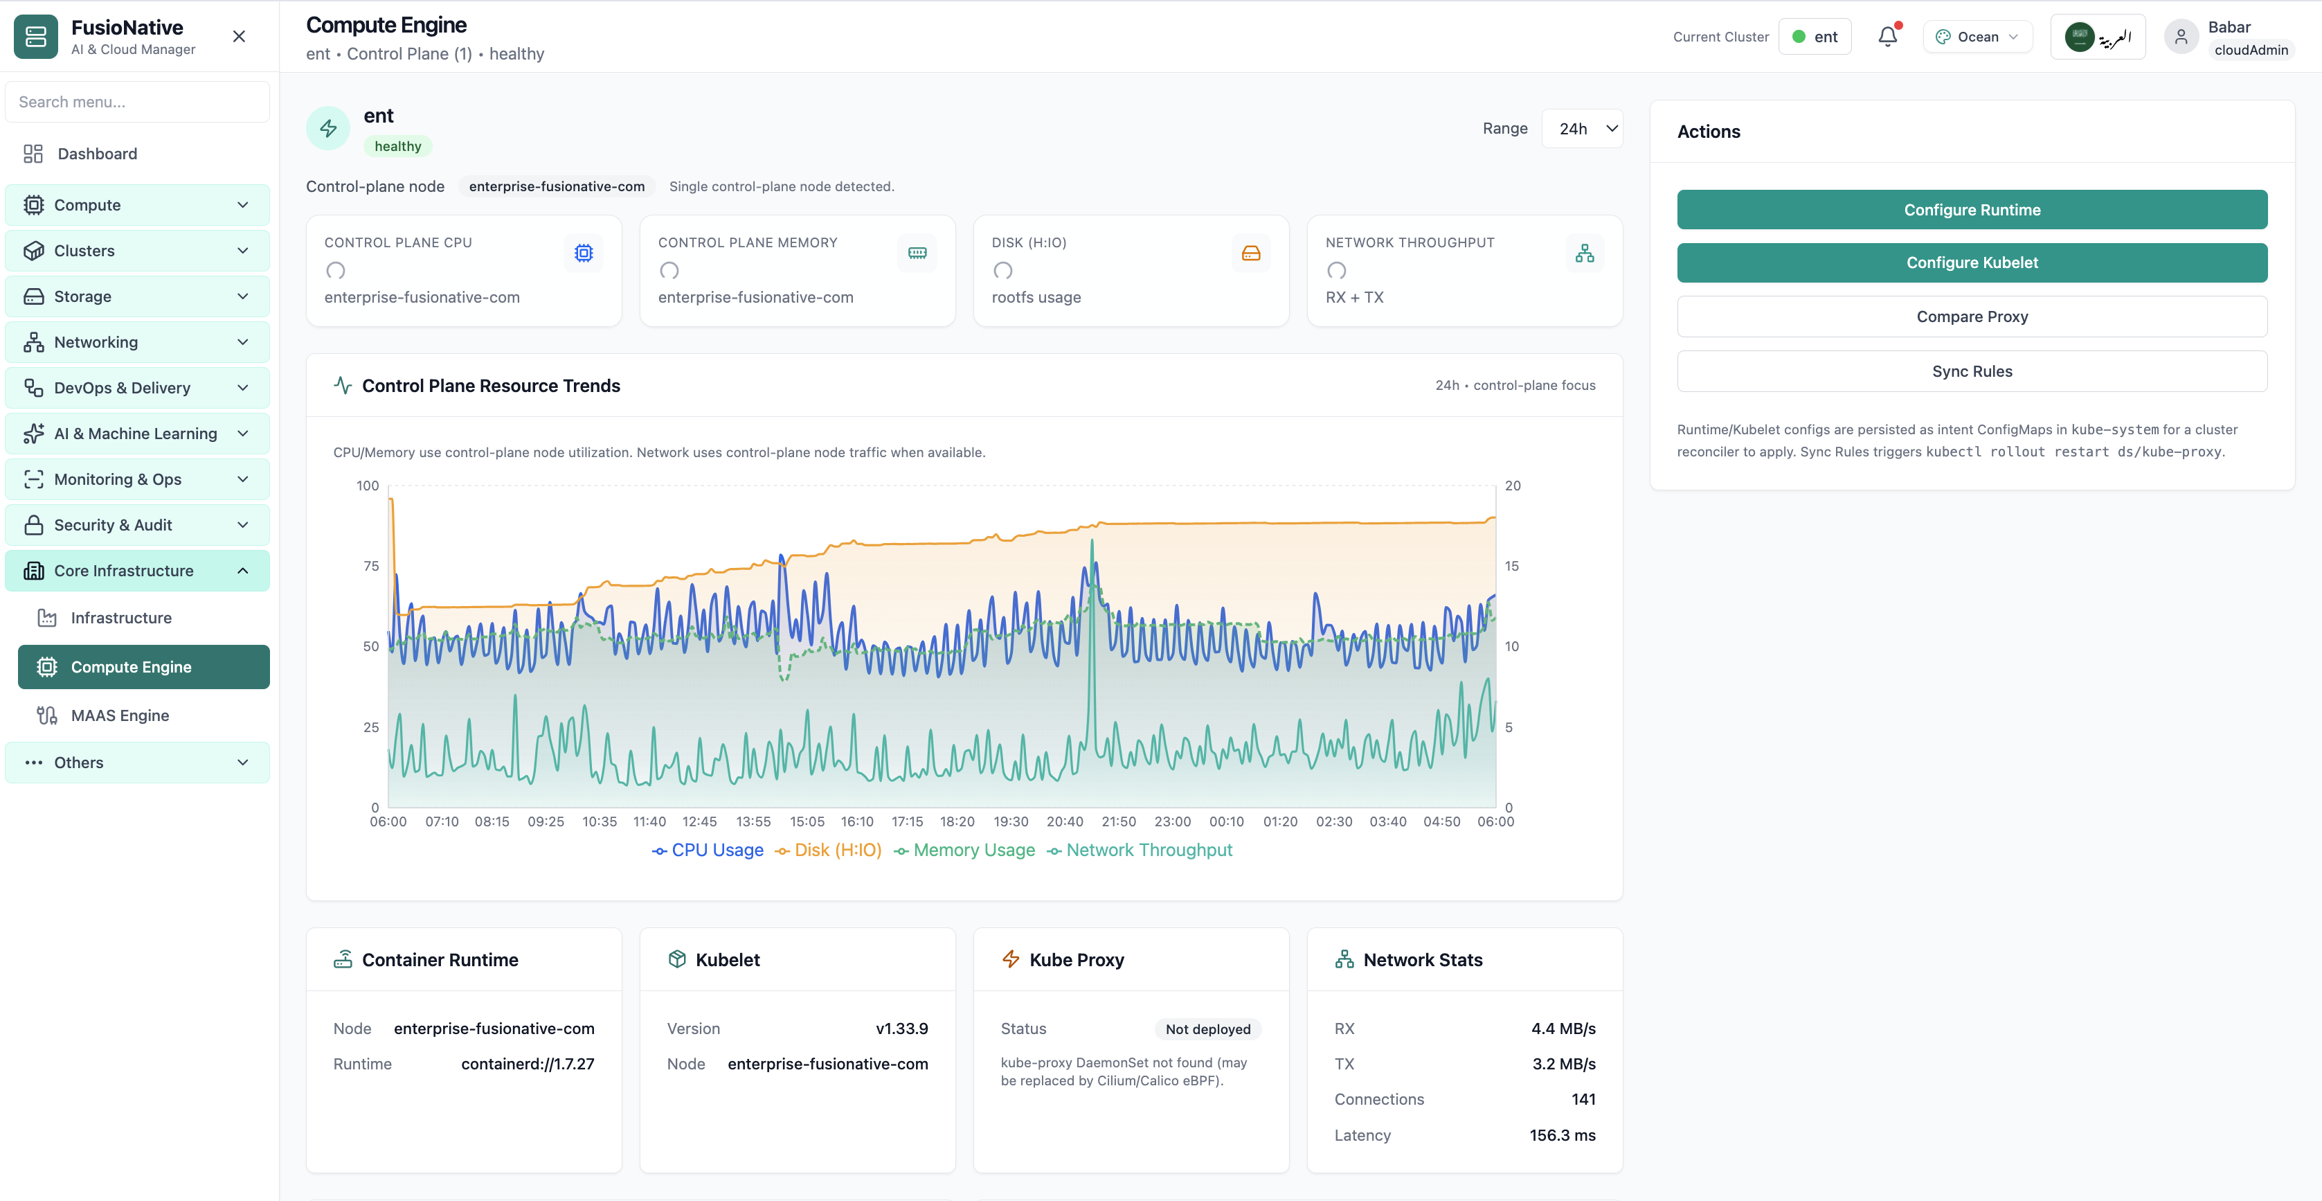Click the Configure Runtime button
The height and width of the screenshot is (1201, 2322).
coord(1972,209)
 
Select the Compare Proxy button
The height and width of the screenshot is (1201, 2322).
coord(1972,317)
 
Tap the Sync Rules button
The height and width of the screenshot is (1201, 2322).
coord(1972,371)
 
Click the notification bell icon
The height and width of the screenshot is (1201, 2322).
coord(1887,36)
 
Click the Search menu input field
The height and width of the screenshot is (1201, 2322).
coord(137,102)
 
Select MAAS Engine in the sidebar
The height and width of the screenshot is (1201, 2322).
coord(120,715)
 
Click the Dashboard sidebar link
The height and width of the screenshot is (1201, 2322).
coord(98,153)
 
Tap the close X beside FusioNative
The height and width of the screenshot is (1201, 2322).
coord(239,36)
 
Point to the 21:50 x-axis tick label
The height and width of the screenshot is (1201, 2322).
coord(1119,821)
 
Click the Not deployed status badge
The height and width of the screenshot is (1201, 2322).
coord(1208,1029)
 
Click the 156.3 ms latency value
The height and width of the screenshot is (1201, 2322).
coord(1562,1135)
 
